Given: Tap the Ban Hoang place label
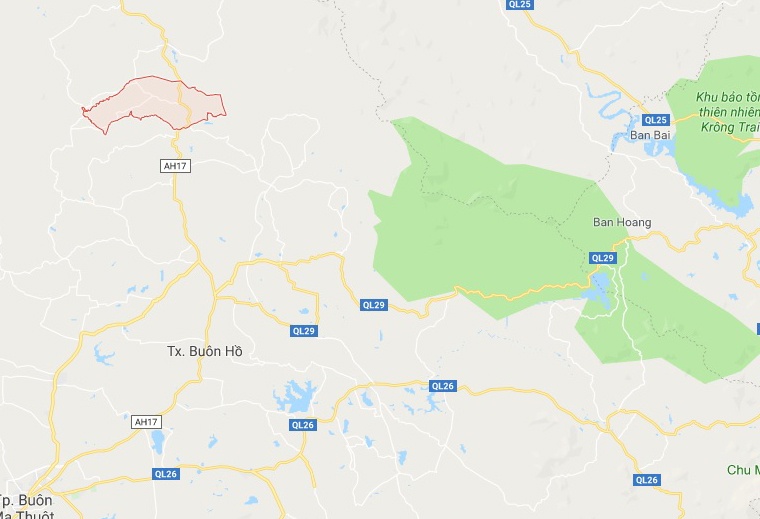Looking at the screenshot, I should (x=622, y=222).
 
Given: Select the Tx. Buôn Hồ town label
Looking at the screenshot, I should (x=204, y=351).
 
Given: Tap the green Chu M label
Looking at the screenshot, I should (x=742, y=470).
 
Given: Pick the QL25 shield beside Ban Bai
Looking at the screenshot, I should (x=655, y=119).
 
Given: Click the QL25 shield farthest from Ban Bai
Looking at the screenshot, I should (x=520, y=5).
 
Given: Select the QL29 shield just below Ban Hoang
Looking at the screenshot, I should (x=602, y=258).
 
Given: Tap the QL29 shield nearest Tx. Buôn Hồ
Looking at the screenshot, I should (x=304, y=330).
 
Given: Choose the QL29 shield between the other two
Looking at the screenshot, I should (x=373, y=304).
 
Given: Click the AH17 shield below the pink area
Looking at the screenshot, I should (x=174, y=165).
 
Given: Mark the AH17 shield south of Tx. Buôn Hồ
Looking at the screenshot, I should (x=147, y=422).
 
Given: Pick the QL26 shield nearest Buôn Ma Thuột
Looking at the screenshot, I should (x=166, y=474).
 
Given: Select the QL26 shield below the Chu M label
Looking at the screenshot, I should (x=647, y=480).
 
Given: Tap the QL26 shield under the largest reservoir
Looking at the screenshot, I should (x=303, y=425).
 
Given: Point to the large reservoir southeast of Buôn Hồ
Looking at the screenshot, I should (x=296, y=397).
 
